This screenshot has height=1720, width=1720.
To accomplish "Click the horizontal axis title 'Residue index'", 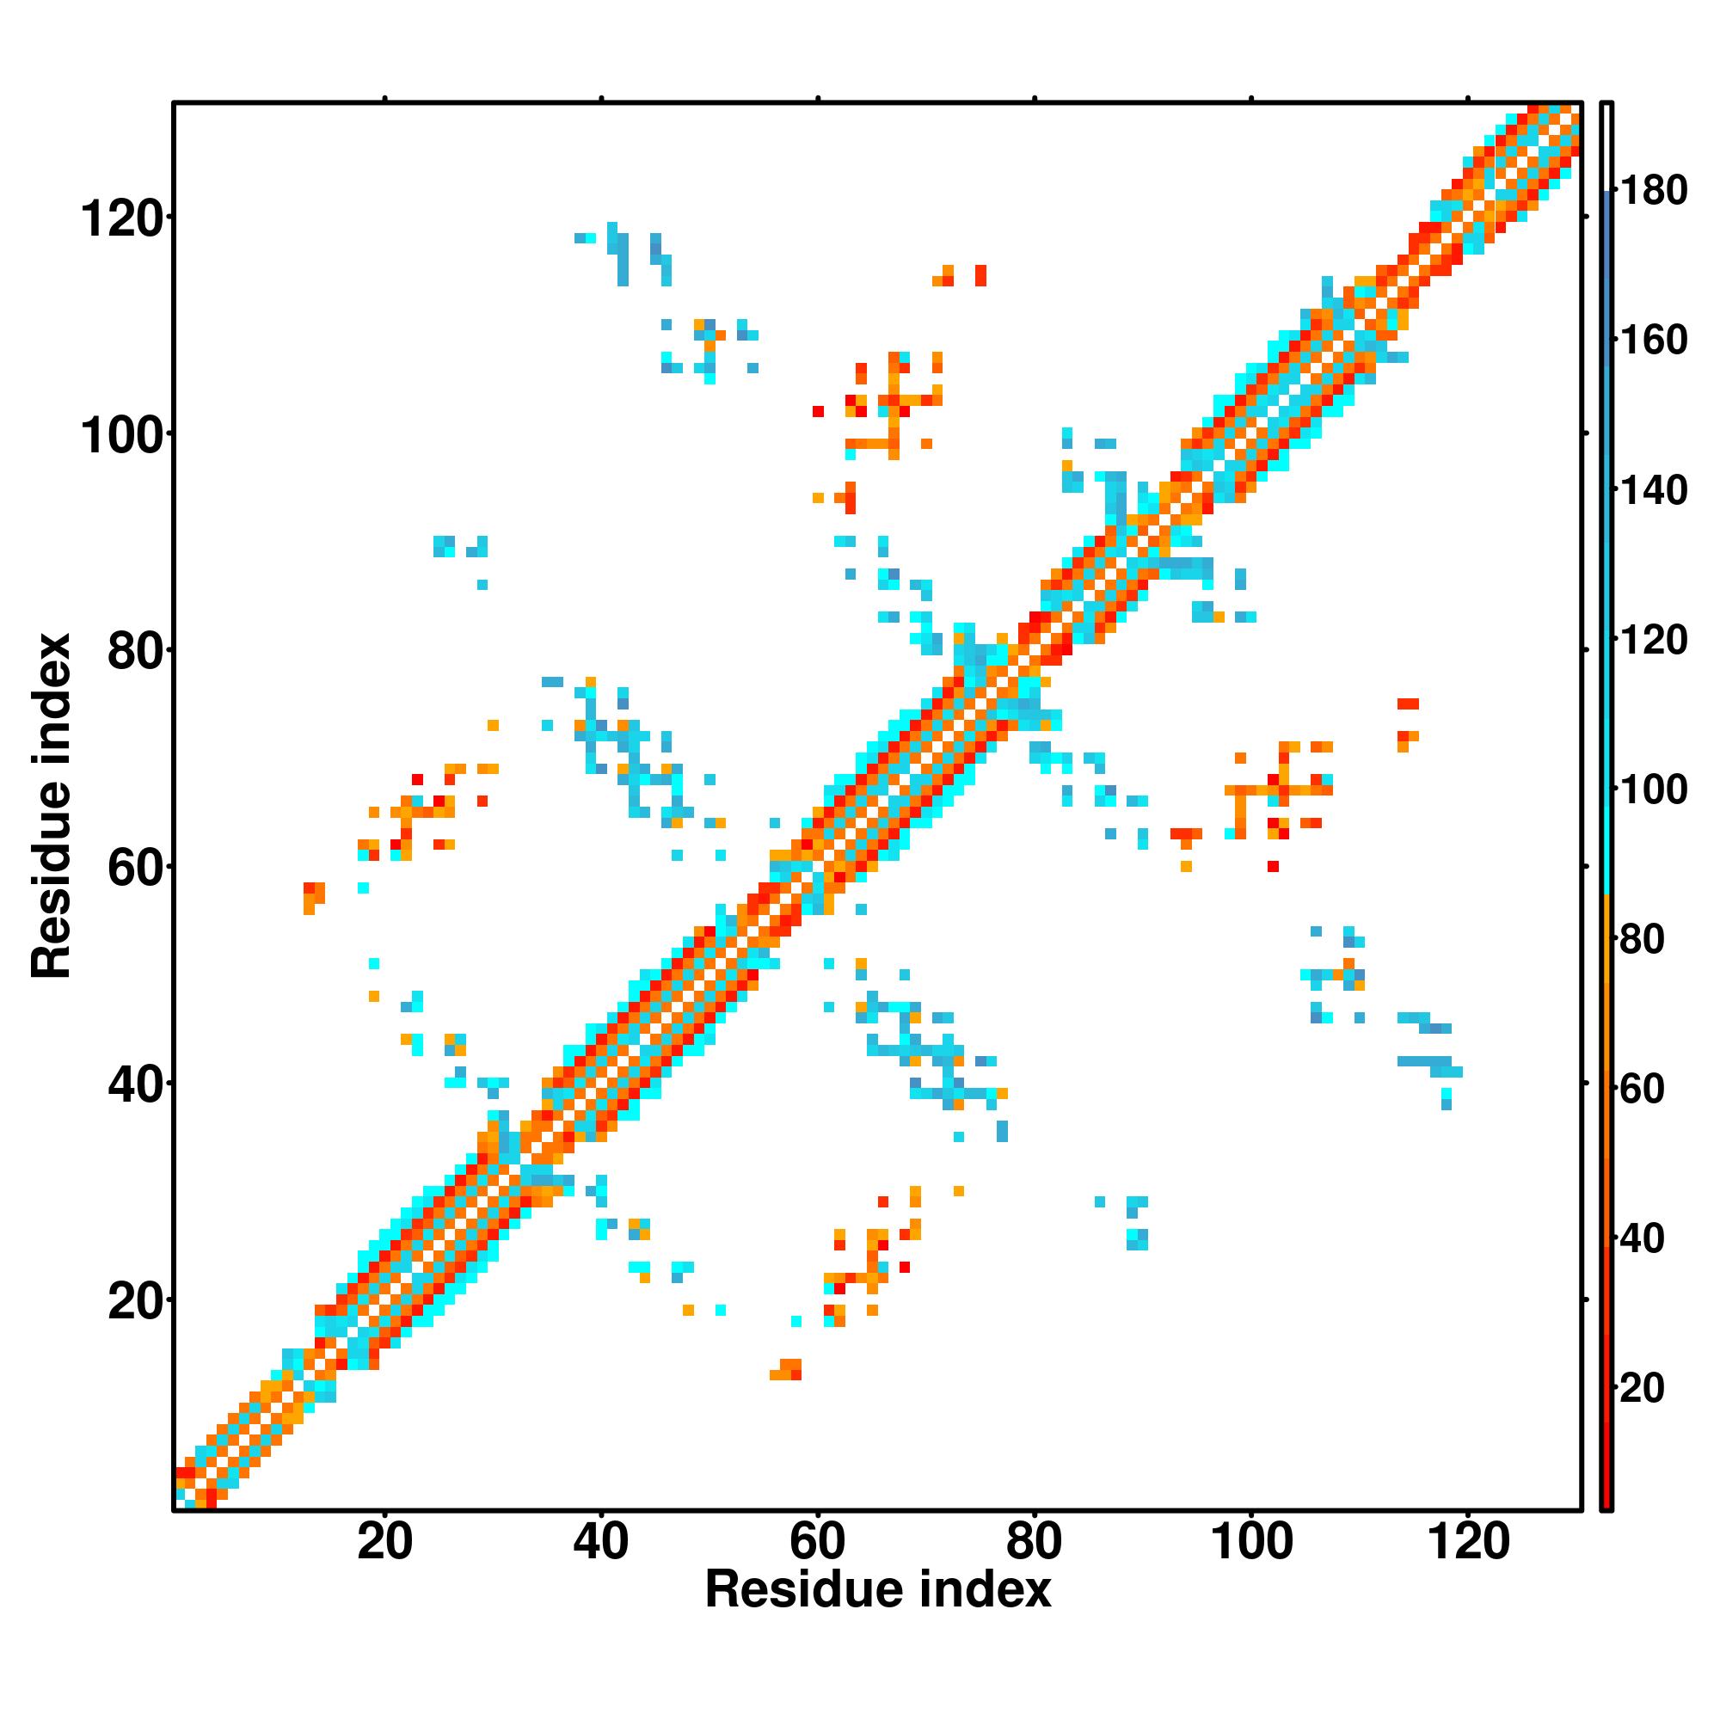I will pos(878,1614).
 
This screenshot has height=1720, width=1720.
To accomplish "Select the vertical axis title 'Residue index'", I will pos(52,807).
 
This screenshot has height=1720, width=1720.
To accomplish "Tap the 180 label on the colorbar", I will pos(1653,191).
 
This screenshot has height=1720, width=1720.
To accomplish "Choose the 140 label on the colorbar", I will pos(1653,490).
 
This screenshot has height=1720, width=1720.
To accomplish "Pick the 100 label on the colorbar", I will pos(1653,789).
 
